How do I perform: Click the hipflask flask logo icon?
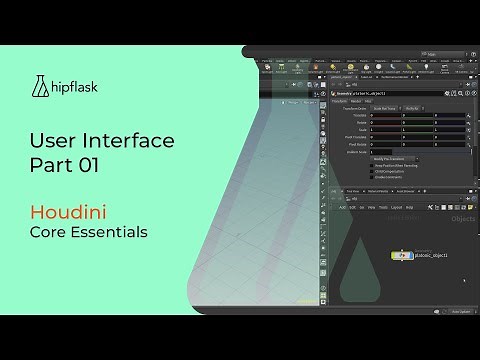point(40,86)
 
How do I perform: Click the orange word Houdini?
point(69,212)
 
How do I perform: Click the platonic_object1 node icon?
point(400,256)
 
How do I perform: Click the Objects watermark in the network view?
point(463,218)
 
